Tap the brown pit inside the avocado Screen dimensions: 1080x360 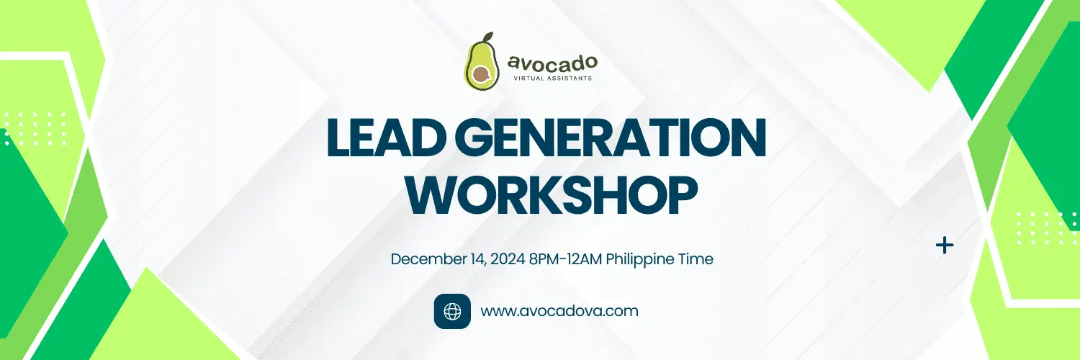coord(481,74)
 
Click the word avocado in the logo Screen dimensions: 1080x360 coord(552,63)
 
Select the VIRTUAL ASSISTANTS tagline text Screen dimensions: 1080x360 coord(552,78)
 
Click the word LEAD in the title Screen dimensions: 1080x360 coord(386,138)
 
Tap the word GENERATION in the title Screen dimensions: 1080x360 coord(611,138)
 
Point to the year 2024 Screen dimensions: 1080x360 coord(508,259)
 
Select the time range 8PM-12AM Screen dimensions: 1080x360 coord(565,259)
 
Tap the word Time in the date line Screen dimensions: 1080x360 coord(696,259)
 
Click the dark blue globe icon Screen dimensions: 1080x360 coord(452,311)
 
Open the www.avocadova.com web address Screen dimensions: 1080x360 coord(559,311)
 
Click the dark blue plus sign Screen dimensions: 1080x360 coord(945,246)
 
